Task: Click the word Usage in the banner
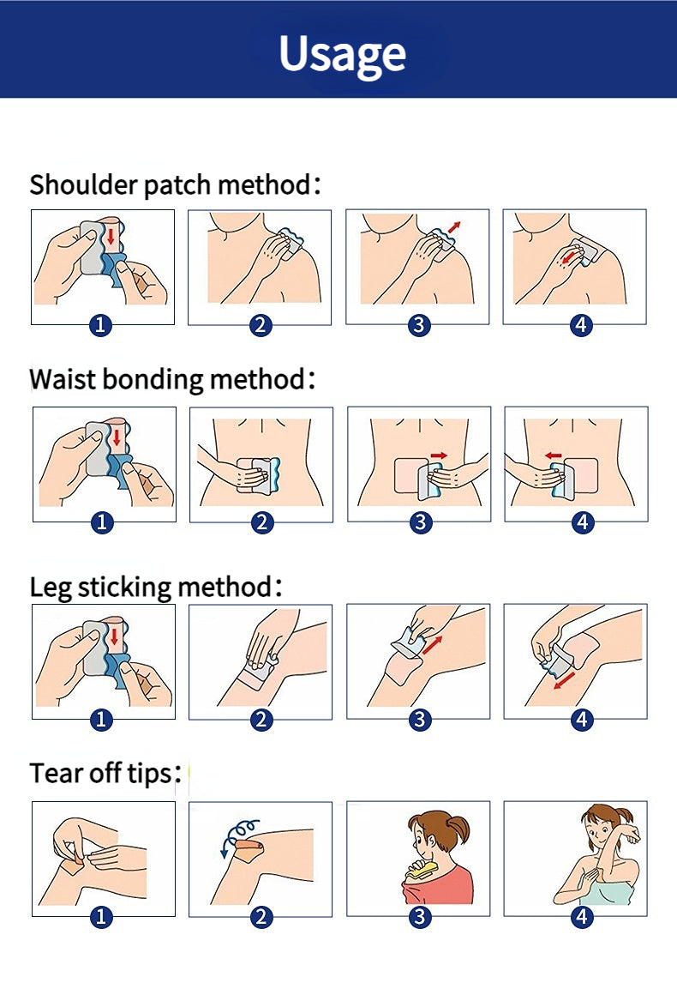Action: click(342, 55)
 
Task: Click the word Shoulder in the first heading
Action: click(84, 184)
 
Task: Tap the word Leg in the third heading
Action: click(51, 588)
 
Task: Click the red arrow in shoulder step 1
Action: click(111, 237)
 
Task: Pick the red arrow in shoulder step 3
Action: click(454, 227)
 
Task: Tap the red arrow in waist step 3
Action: click(440, 455)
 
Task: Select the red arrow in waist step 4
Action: click(554, 455)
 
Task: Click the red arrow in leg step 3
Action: click(433, 645)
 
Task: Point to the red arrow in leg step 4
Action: click(565, 680)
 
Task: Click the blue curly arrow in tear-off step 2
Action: click(238, 835)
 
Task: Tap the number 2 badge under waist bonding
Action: click(261, 523)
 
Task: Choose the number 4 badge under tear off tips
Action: click(581, 917)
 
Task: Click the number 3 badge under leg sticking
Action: click(420, 720)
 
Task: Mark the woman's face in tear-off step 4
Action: click(596, 834)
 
